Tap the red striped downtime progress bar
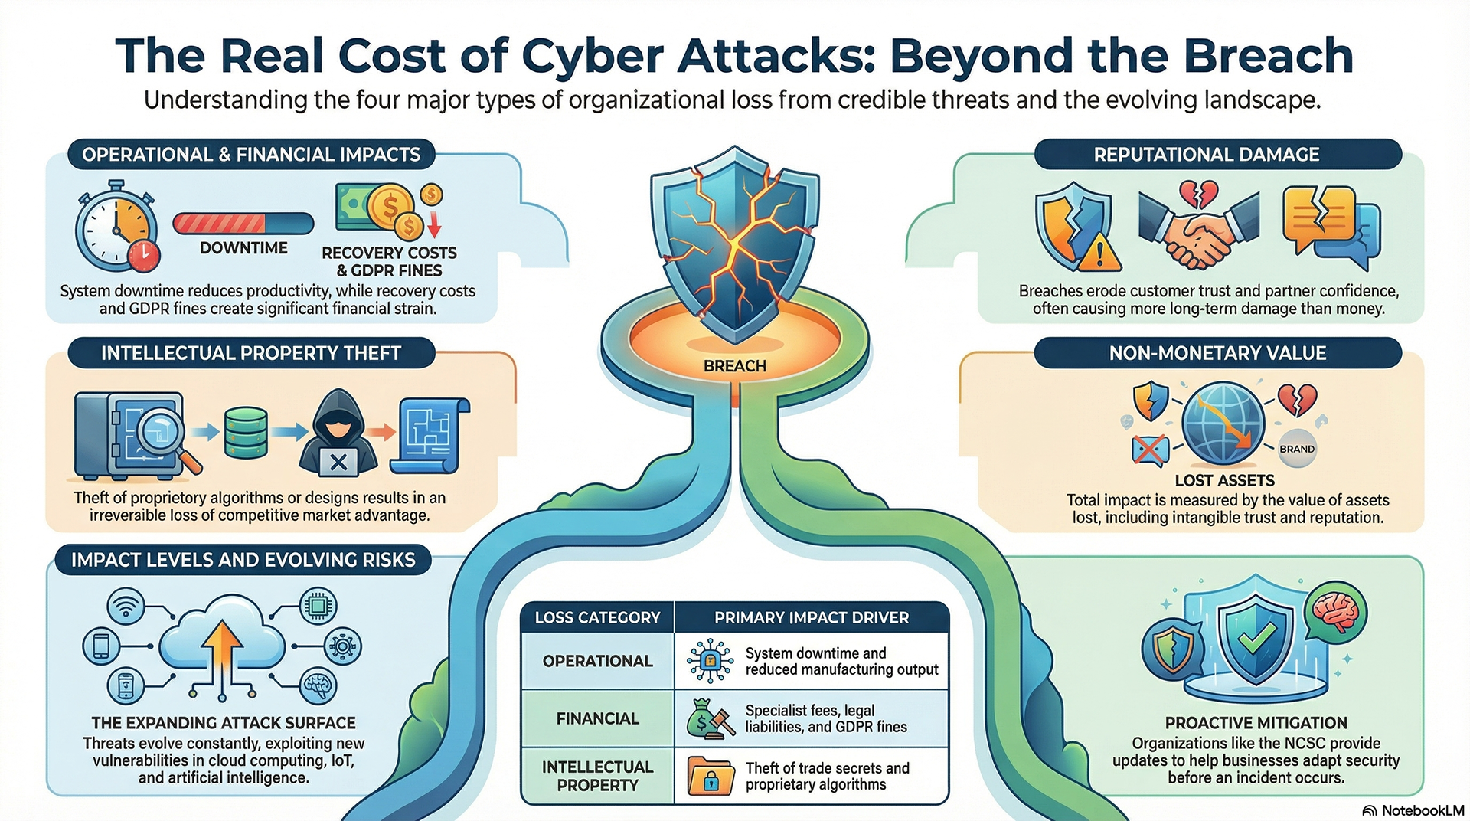[243, 224]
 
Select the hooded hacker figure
[338, 434]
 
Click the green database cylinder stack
[246, 433]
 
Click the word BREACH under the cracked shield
[734, 366]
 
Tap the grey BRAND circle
[1296, 449]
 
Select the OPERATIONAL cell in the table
[597, 661]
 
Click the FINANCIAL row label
[597, 718]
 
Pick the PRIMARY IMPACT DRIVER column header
[812, 617]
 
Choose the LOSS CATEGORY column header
[597, 617]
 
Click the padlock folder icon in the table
[710, 775]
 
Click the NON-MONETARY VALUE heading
[1217, 353]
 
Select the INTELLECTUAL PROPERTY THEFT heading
[251, 353]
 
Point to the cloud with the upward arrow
[222, 642]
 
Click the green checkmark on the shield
[1257, 637]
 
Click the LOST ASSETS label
[1224, 480]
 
